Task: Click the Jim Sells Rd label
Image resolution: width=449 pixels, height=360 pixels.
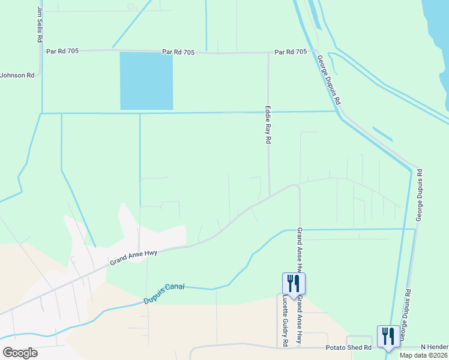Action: (40, 24)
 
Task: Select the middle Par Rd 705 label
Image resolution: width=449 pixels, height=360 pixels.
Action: (178, 53)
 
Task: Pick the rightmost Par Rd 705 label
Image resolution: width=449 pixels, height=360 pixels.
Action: (291, 52)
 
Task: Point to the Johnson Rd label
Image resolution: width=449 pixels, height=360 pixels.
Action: (17, 75)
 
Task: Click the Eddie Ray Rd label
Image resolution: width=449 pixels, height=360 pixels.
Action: (268, 125)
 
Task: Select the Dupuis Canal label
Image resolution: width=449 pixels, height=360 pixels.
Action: (164, 293)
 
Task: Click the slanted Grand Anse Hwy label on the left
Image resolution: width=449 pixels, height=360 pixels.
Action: (133, 258)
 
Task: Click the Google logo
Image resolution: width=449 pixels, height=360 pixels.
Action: (20, 353)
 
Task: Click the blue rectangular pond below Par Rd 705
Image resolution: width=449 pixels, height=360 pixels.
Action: (146, 81)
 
